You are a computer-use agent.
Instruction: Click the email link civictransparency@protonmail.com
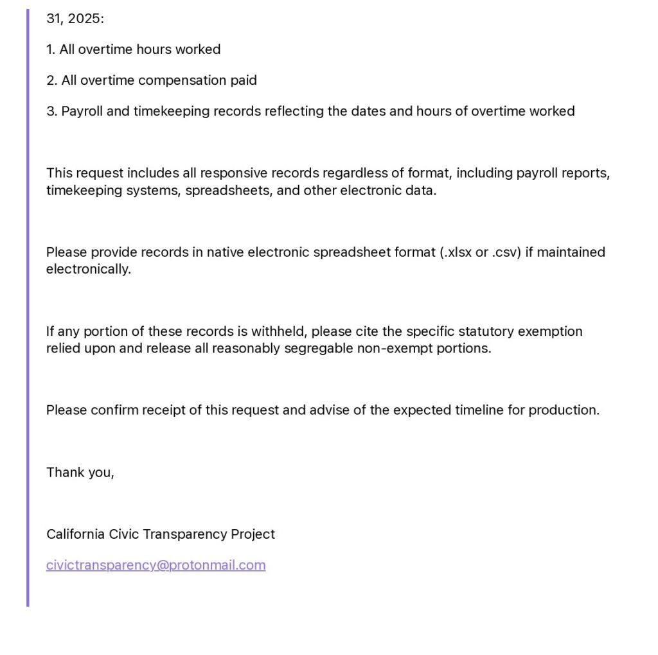coord(156,565)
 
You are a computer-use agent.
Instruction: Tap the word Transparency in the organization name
coord(186,534)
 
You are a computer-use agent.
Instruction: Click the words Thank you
coord(80,473)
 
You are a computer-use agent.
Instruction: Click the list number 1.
coord(51,49)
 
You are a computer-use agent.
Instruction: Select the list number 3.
coord(51,111)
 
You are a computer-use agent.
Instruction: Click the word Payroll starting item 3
coord(82,111)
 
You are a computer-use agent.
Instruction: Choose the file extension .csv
coord(506,252)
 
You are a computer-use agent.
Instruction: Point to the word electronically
coord(88,269)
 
